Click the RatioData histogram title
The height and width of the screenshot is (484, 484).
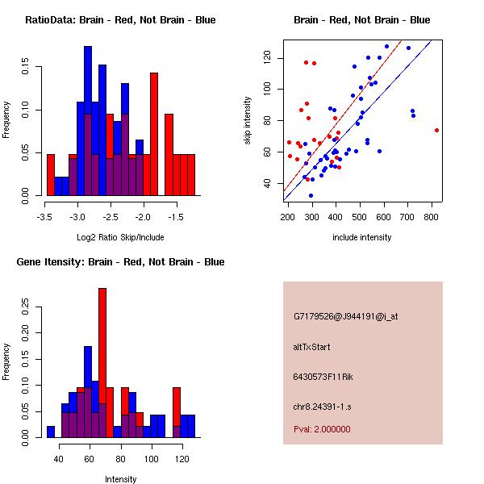pos(119,20)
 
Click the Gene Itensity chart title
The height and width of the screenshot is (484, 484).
pos(120,262)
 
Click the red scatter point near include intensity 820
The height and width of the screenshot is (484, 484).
pos(436,130)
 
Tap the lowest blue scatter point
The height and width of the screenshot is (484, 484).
pos(311,195)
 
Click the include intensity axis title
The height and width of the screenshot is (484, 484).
pos(361,238)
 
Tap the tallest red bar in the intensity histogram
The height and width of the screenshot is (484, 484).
pos(102,363)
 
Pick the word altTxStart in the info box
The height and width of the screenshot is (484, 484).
pos(312,347)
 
